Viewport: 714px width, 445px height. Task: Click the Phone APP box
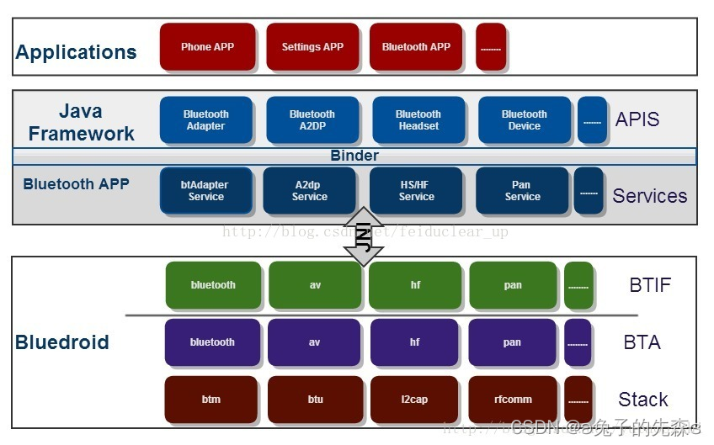click(x=207, y=47)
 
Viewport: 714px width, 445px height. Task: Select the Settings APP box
click(x=312, y=47)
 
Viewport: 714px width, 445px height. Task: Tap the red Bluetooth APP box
click(x=416, y=47)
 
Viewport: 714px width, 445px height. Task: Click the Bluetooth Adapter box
click(x=206, y=120)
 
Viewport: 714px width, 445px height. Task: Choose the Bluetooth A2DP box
click(x=312, y=120)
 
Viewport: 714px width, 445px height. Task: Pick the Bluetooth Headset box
click(x=418, y=120)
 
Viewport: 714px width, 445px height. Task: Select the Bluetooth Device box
click(x=524, y=120)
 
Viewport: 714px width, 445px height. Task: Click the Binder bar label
click(x=354, y=156)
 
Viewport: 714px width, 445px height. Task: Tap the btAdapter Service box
click(x=206, y=191)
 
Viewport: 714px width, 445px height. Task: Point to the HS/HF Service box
click(x=416, y=191)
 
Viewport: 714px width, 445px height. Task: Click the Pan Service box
click(x=522, y=191)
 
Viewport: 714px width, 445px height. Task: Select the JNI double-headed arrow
click(x=365, y=236)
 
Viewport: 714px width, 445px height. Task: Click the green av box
click(x=315, y=285)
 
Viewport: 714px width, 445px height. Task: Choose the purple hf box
click(x=415, y=342)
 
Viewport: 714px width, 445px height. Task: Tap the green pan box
click(x=513, y=285)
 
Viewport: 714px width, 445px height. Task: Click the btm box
click(x=211, y=400)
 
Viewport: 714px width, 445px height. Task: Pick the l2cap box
click(x=415, y=400)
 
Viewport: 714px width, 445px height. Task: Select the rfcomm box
click(x=513, y=400)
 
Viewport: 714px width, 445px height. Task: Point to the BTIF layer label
click(x=650, y=285)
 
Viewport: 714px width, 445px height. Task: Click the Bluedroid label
click(x=62, y=342)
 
